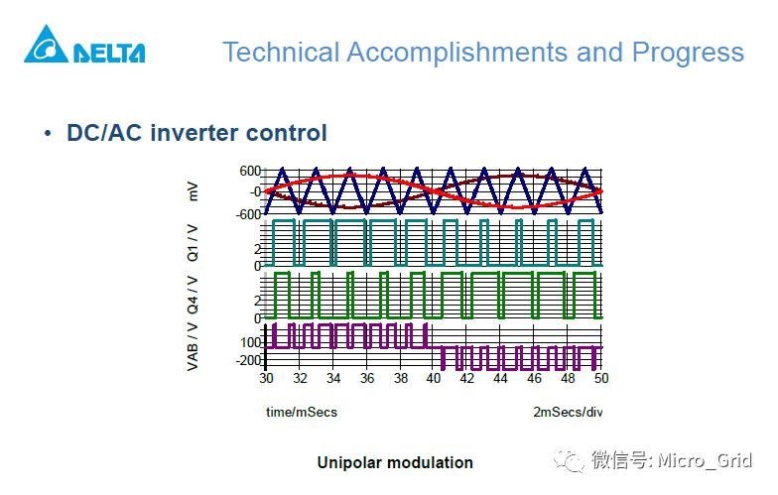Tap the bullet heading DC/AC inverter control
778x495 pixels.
(196, 132)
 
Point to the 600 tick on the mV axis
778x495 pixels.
(249, 171)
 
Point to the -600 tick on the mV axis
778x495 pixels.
(247, 213)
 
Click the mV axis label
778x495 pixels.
(194, 191)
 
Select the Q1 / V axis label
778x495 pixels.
(194, 241)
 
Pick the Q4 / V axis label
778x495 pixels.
(194, 295)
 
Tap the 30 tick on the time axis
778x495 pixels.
(266, 379)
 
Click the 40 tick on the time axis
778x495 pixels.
(434, 379)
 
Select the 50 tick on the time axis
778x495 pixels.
(600, 379)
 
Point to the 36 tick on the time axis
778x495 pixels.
(366, 379)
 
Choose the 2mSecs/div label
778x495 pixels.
(568, 412)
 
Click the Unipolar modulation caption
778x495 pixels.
(395, 462)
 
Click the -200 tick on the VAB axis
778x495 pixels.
(247, 360)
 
